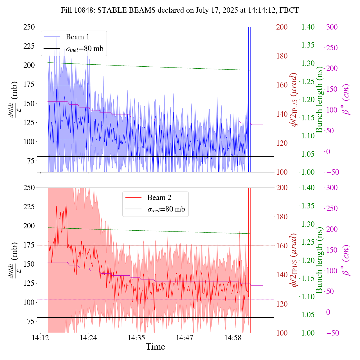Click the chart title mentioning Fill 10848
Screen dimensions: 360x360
tap(180, 10)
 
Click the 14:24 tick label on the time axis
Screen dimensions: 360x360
tap(89, 337)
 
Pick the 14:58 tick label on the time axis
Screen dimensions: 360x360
tap(233, 337)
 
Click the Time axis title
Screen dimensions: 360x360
tap(155, 347)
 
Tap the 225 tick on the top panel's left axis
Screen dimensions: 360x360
tap(30, 46)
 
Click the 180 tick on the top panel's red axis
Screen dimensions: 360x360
tap(282, 56)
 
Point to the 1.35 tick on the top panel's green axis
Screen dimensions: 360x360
tap(308, 45)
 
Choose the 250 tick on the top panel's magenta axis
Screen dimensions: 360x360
tap(332, 48)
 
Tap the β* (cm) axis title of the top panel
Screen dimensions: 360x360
tap(346, 100)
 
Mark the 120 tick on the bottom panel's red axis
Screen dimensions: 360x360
tap(282, 304)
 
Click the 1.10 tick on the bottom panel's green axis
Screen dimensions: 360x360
tap(308, 296)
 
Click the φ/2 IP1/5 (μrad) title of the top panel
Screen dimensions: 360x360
tap(294, 100)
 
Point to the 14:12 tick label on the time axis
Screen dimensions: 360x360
tap(40, 337)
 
